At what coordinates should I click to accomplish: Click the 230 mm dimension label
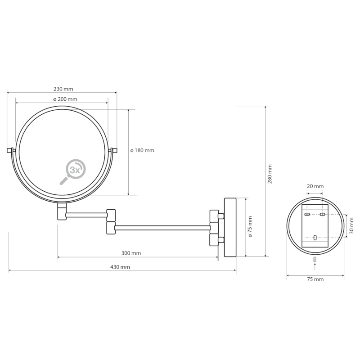point(63,89)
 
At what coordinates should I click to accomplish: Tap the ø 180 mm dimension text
point(142,150)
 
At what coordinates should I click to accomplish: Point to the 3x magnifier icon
point(73,171)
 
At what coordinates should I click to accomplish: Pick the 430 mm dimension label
point(120,267)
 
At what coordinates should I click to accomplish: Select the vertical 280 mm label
point(270,173)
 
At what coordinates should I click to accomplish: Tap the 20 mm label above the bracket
point(315,186)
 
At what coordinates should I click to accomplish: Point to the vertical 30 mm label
point(351,229)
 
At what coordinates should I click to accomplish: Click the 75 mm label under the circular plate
point(315,279)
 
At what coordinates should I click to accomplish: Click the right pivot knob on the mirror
point(114,150)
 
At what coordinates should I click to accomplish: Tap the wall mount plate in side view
point(230,227)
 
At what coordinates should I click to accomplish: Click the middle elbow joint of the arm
point(111,220)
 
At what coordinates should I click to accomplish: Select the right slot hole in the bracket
point(322,215)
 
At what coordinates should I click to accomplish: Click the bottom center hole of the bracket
point(315,237)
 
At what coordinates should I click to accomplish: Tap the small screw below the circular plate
point(315,260)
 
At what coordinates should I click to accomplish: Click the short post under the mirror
point(62,211)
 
